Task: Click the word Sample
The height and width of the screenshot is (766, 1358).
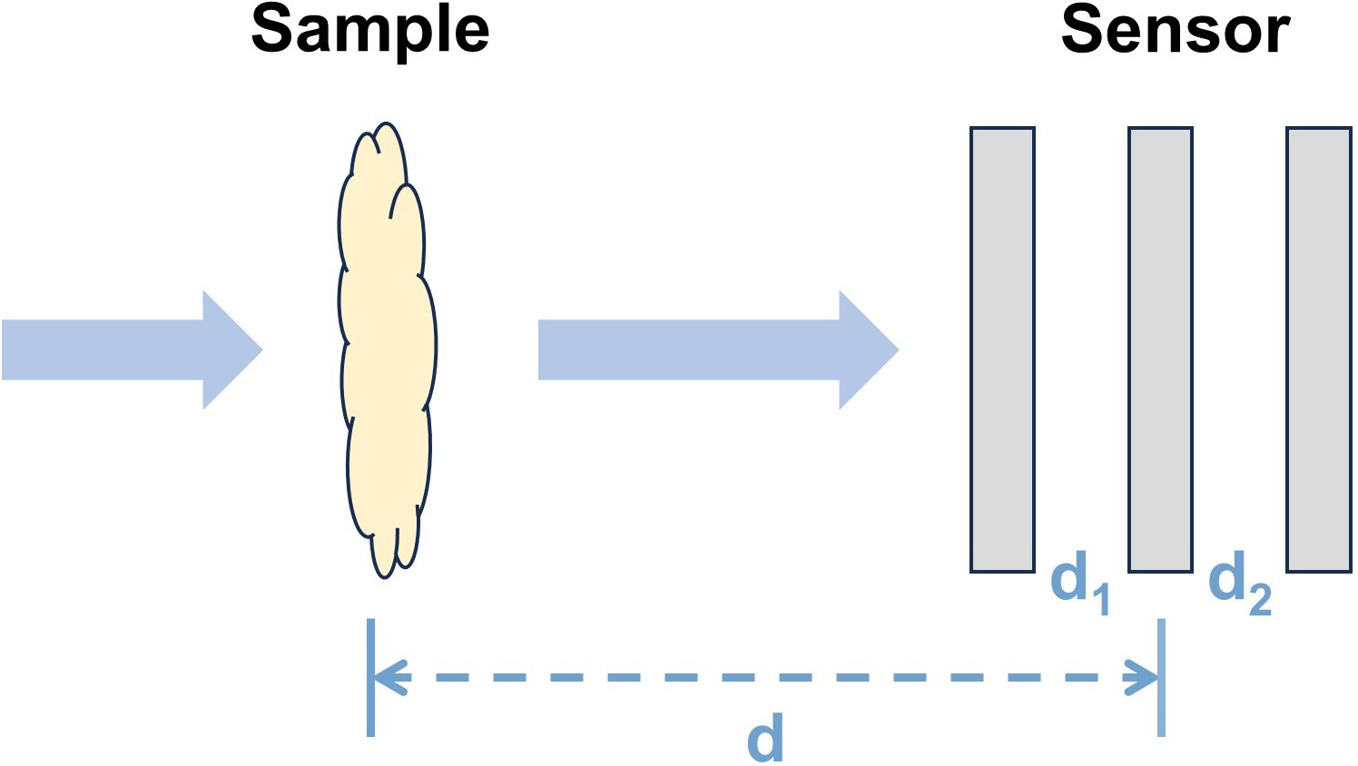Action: [369, 32]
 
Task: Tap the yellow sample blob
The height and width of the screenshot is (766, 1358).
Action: [387, 350]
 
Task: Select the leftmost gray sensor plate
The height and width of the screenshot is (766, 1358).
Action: [1002, 349]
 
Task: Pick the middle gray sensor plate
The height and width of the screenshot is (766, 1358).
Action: [1160, 349]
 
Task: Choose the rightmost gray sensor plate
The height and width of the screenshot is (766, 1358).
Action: [1319, 349]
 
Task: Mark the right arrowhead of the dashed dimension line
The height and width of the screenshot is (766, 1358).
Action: [1140, 677]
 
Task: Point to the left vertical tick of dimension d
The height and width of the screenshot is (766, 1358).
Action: [370, 678]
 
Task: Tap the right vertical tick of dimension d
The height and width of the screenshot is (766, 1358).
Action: [1162, 678]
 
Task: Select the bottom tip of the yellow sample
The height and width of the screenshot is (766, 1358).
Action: [384, 578]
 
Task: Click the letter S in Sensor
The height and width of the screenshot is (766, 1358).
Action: [1082, 29]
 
